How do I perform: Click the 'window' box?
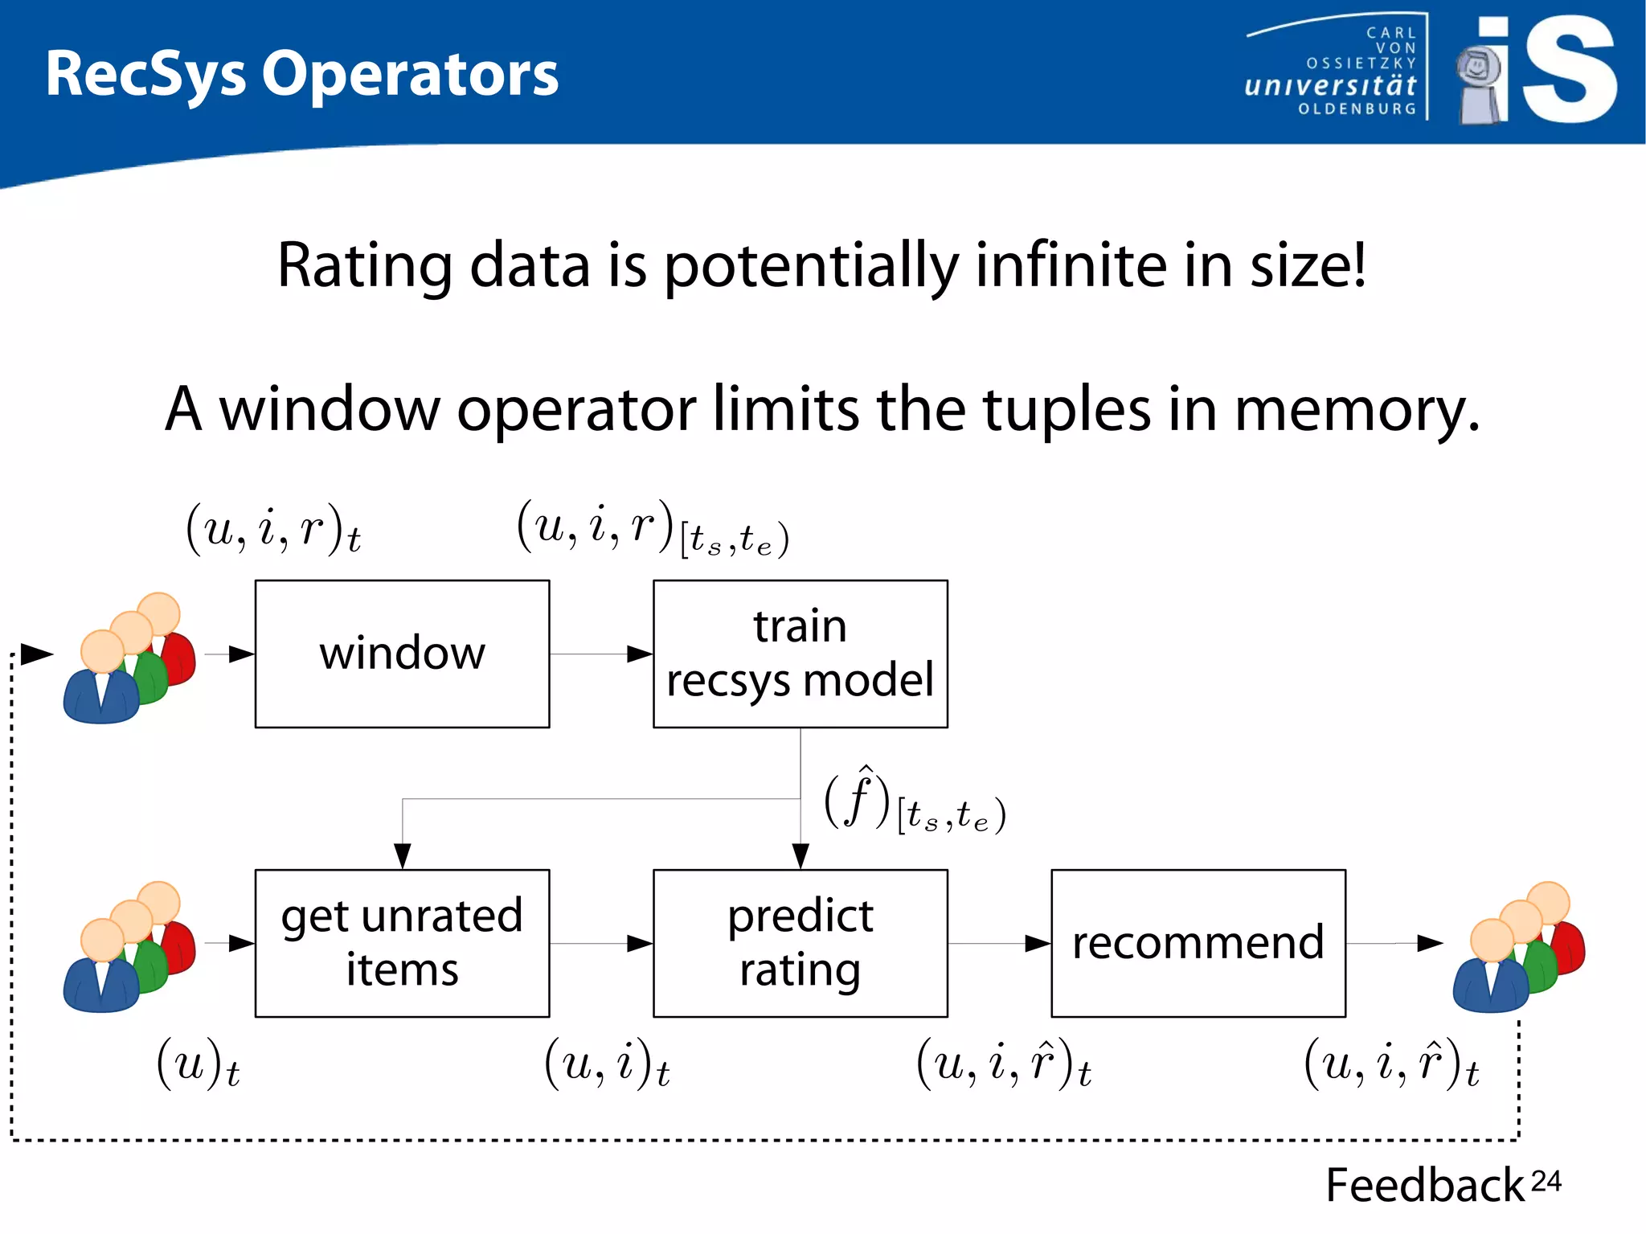[x=402, y=654]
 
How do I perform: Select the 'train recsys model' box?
[x=800, y=654]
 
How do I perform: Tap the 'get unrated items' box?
[x=402, y=943]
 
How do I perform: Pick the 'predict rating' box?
[x=800, y=943]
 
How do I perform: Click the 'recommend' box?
[x=1198, y=943]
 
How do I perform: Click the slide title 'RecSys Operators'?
[x=301, y=74]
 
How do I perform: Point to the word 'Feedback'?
[x=1424, y=1185]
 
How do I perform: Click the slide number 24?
[x=1546, y=1181]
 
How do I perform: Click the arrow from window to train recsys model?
[x=601, y=654]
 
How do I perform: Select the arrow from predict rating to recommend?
[x=999, y=943]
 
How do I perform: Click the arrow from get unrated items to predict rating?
[x=601, y=943]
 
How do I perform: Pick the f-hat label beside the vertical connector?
[x=914, y=802]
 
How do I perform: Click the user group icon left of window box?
[x=129, y=659]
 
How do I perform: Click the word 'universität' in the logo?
[x=1329, y=85]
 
